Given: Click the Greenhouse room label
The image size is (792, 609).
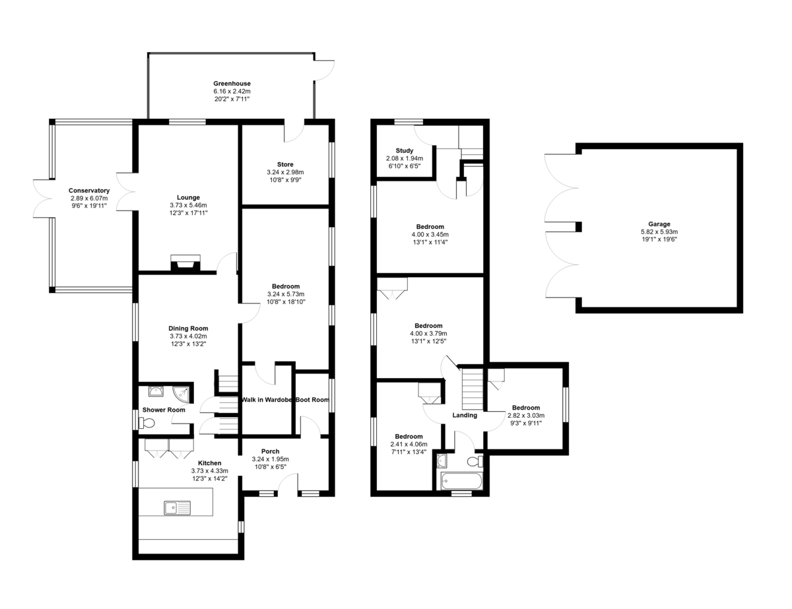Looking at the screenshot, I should [232, 84].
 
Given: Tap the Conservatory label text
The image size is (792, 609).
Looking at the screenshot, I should [89, 191].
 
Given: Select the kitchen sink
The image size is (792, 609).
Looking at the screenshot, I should [177, 507].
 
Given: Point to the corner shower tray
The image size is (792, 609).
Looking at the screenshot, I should [181, 393].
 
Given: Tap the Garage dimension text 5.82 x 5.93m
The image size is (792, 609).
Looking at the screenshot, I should [659, 232].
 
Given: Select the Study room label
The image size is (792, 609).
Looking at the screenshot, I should [404, 151].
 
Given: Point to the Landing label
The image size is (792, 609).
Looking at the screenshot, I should [464, 415].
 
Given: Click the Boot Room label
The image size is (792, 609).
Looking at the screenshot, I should [312, 400].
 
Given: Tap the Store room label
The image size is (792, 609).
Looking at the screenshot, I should [285, 164].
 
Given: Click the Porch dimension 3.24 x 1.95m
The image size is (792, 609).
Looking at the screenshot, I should [270, 459].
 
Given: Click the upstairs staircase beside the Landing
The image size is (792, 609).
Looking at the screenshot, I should [473, 389].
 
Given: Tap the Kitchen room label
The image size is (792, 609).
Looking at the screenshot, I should [210, 463].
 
